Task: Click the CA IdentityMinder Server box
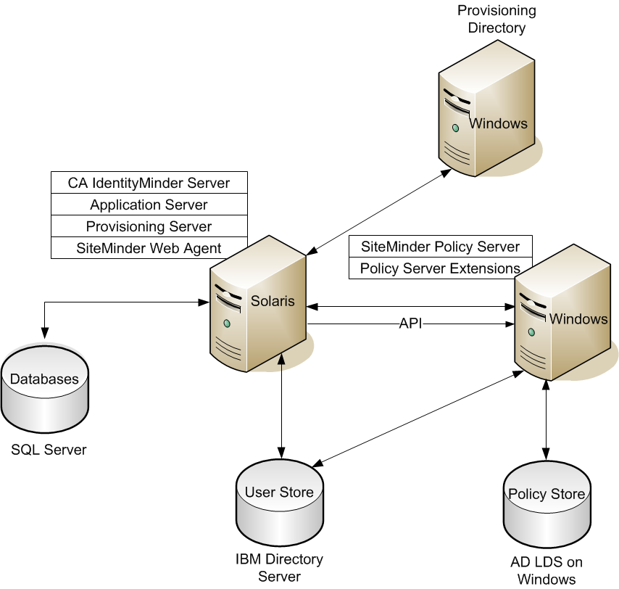(x=149, y=183)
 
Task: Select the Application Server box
(x=149, y=205)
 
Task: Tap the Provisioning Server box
(x=149, y=226)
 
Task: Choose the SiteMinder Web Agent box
(x=149, y=248)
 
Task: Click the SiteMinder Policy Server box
(x=440, y=247)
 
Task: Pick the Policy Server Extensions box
(x=440, y=268)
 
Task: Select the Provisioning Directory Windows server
(x=486, y=116)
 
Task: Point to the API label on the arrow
(x=410, y=324)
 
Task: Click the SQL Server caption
(x=49, y=450)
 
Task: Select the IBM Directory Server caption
(x=279, y=568)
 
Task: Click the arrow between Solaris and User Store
(x=281, y=406)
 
